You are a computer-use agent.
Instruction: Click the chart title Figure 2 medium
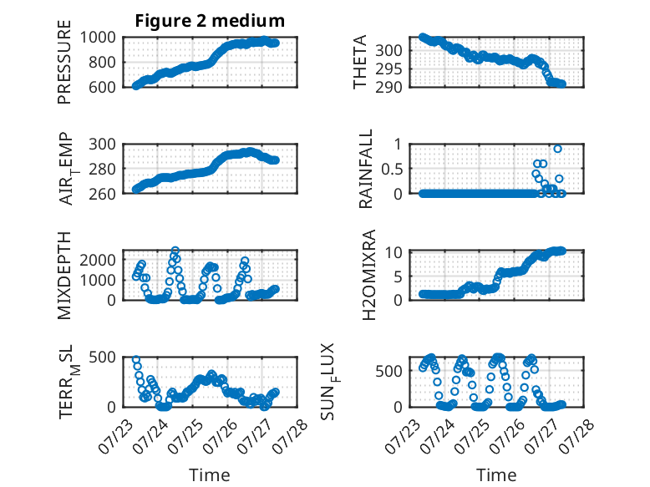point(210,20)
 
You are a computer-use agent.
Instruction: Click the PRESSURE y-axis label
point(64,62)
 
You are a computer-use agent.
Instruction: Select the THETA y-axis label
point(360,62)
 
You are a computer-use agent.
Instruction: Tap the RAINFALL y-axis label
point(366,169)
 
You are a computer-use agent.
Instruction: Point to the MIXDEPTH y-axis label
point(64,276)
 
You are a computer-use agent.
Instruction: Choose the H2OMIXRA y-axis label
point(368,275)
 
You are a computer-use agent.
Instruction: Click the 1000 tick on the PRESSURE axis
point(98,38)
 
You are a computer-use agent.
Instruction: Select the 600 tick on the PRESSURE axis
point(102,87)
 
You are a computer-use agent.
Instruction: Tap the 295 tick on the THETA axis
point(388,68)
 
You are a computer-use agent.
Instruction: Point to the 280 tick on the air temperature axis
point(102,169)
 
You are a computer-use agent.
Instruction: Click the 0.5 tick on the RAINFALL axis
point(392,169)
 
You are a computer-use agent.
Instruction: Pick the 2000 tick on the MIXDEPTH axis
point(98,260)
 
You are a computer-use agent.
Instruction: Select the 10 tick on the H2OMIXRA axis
point(394,252)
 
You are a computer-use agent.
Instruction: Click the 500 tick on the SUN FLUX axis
point(388,371)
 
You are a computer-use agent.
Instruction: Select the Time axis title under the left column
point(210,474)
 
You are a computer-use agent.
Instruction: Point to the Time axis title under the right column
point(496,474)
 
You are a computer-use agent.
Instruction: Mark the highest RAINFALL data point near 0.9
point(557,149)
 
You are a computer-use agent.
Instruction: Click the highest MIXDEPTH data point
point(175,251)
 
